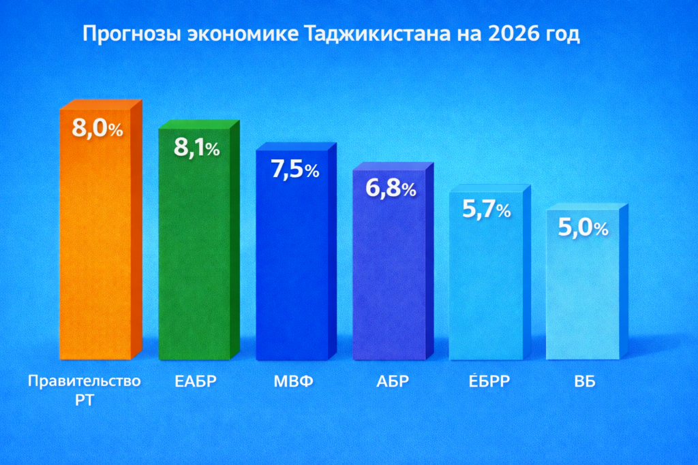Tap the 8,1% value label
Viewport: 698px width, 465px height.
click(x=196, y=147)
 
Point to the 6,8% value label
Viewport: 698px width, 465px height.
click(x=391, y=189)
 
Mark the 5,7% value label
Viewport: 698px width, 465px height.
click(x=487, y=210)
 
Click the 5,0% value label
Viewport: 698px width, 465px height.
click(x=583, y=229)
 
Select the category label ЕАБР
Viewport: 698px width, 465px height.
click(x=196, y=381)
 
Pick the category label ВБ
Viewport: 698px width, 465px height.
click(x=585, y=381)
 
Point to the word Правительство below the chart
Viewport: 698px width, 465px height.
click(x=85, y=381)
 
